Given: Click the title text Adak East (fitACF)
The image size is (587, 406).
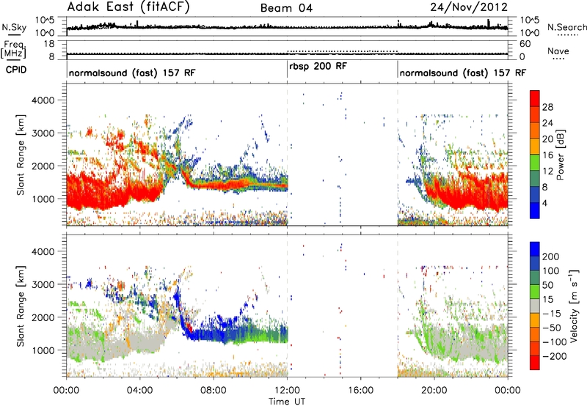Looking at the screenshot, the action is pos(128,7).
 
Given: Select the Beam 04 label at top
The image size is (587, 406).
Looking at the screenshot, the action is pos(286,8).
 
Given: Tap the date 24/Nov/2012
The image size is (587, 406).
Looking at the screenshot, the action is pos(469,7).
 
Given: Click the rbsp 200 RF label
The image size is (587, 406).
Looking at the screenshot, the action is pos(318,66).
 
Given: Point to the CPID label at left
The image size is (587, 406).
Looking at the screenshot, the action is pos(16,70).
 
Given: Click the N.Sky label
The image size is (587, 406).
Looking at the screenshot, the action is pos(14,27).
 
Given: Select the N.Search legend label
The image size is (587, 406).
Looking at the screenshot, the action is pos(566,27).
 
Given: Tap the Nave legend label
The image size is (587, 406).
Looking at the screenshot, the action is pos(558,51).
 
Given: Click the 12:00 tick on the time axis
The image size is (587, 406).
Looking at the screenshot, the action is pos(287,391).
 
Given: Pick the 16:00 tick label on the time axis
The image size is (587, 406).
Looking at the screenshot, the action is pos(361,391).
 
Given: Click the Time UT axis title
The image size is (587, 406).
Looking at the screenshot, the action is pos(287,402).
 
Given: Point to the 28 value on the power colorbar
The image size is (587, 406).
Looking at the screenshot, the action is pos(547,107).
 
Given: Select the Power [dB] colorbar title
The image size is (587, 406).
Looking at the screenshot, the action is pos(560,155).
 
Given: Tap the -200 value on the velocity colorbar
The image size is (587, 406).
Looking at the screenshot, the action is pos(554,356).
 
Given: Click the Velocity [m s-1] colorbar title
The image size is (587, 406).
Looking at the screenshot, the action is pos(574,306).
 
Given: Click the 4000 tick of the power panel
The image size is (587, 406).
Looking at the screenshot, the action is pos(43,100).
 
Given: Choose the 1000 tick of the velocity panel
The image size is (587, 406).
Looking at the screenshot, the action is pos(43,350).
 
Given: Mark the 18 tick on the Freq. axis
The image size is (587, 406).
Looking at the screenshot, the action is pos(49,44).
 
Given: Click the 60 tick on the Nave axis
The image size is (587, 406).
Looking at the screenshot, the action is pos(525,44).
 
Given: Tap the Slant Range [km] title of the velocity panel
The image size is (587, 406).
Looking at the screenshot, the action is pos(21,306).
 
